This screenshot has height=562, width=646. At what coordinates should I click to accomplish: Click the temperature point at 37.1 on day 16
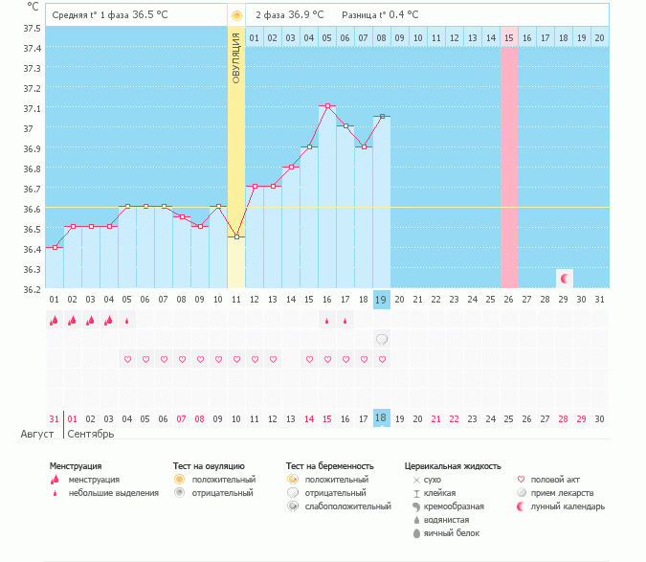pyautogui.click(x=327, y=106)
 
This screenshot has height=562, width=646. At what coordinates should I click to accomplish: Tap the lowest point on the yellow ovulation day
pyautogui.click(x=236, y=236)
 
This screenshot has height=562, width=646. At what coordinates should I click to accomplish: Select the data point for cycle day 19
pyautogui.click(x=382, y=117)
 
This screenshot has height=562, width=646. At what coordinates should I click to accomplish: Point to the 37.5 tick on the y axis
pyautogui.click(x=31, y=28)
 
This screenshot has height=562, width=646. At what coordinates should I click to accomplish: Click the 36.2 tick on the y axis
pyautogui.click(x=31, y=289)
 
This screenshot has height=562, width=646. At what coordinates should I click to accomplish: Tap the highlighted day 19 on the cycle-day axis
pyautogui.click(x=382, y=300)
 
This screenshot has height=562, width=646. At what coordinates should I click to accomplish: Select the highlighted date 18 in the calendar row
pyautogui.click(x=382, y=418)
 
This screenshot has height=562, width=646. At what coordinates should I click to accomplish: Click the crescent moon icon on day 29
pyautogui.click(x=565, y=279)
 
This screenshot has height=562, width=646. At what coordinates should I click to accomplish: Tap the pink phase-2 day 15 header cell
pyautogui.click(x=509, y=37)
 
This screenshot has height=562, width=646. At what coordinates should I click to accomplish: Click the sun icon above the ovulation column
pyautogui.click(x=236, y=15)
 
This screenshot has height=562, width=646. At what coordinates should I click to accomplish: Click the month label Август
pyautogui.click(x=38, y=434)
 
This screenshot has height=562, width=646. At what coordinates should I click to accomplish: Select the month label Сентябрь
pyautogui.click(x=91, y=434)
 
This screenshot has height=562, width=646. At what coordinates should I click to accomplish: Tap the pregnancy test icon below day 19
pyautogui.click(x=382, y=339)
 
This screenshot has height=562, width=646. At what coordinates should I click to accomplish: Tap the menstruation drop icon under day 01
pyautogui.click(x=55, y=320)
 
